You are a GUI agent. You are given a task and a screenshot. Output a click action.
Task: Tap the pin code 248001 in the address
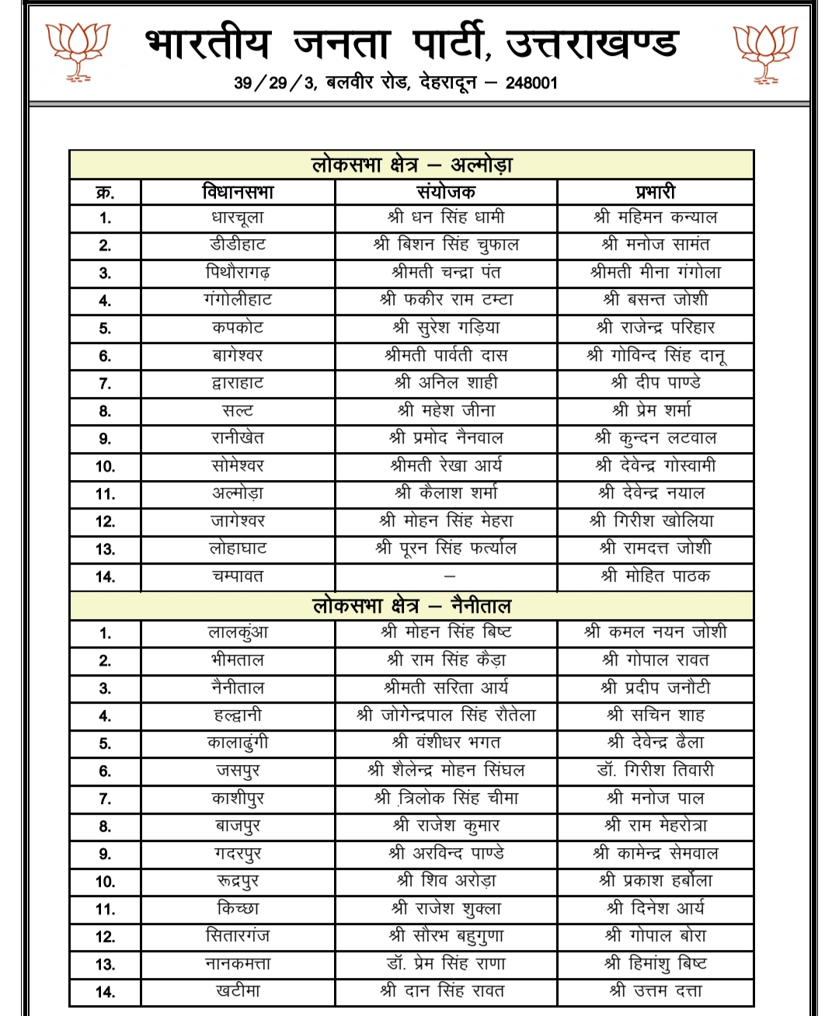coord(531,82)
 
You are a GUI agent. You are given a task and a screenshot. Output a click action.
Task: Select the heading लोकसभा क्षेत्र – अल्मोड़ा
coord(412,165)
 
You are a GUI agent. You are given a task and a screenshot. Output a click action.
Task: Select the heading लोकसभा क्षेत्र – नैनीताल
coord(412,606)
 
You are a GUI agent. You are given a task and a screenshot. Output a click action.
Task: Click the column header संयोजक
coord(446,192)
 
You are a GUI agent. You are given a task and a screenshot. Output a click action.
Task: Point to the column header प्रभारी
coord(655,192)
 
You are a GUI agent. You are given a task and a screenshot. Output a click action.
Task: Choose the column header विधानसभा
coord(238,192)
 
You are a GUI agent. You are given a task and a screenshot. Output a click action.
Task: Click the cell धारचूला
coord(238,217)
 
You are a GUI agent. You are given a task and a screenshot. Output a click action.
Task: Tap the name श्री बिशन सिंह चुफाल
coord(446,245)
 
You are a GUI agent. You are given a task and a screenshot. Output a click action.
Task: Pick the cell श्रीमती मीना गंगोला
coord(655,273)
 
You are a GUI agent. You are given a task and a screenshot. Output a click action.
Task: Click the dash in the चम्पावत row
coord(449,577)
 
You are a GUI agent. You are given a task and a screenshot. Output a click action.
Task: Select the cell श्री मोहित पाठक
coord(655,576)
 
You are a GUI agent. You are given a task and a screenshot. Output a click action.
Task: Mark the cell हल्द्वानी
coord(238,715)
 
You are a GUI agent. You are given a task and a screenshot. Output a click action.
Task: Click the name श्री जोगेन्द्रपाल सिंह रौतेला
coord(446,715)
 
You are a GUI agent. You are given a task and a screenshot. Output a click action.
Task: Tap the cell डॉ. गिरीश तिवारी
coord(655,771)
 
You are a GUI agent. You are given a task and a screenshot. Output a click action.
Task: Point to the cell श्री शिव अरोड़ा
coord(446,881)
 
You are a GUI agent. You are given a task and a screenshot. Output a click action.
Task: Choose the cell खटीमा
coord(238,991)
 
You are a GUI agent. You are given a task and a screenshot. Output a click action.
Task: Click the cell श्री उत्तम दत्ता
coord(655,991)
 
